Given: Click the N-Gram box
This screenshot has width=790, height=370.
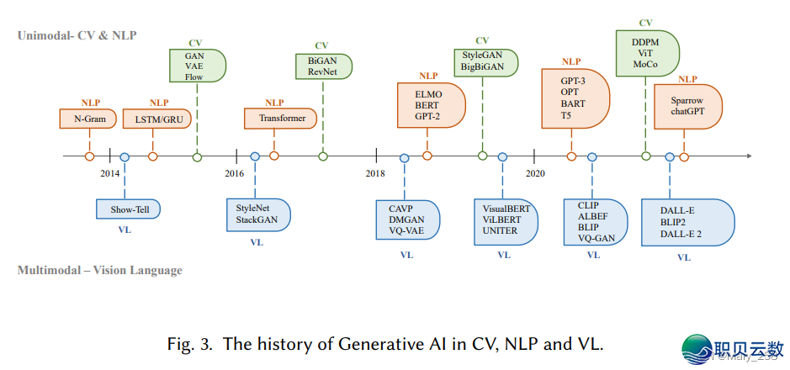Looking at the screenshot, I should click(x=89, y=119).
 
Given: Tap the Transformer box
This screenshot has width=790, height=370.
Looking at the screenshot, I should click(x=282, y=119).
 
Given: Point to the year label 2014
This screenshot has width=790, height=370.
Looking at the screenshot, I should click(x=109, y=173).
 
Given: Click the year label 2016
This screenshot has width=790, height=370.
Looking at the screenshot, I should click(x=233, y=173).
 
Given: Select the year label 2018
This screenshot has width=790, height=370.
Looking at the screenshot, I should click(x=375, y=173).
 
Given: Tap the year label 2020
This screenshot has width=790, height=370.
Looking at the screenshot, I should click(x=535, y=173).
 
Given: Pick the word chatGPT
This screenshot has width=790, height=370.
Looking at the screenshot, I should click(x=687, y=111).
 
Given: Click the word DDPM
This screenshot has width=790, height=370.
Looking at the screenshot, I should click(x=645, y=41).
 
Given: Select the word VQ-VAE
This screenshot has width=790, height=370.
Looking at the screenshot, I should click(x=406, y=229).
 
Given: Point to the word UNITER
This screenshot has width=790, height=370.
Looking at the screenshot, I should click(x=501, y=229).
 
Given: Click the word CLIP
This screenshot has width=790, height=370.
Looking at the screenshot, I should click(x=587, y=205).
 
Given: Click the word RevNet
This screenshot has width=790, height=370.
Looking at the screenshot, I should click(x=322, y=72).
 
